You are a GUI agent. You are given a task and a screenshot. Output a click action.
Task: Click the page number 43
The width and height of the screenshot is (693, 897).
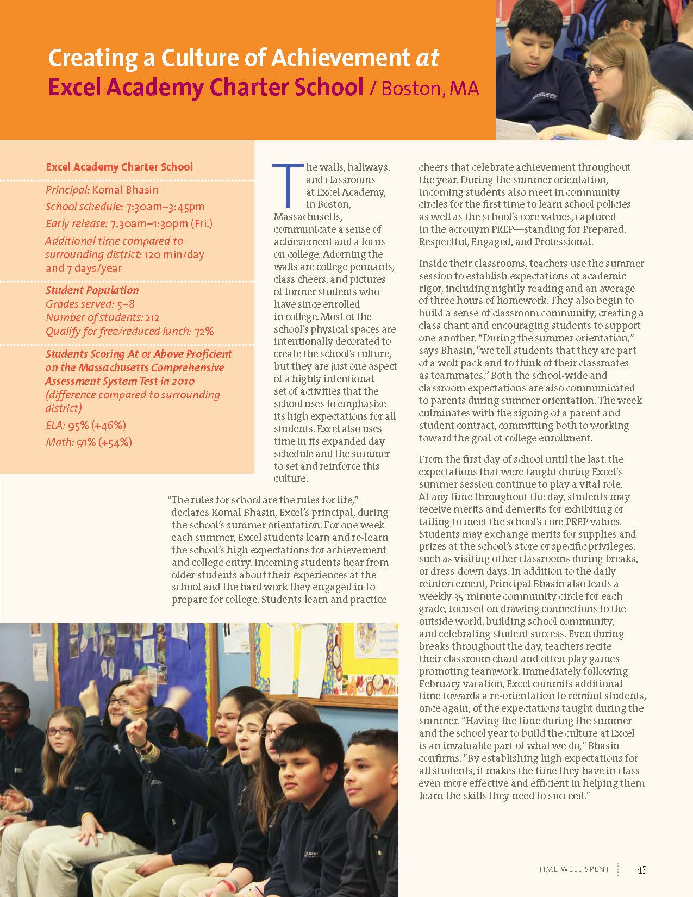[x=641, y=869]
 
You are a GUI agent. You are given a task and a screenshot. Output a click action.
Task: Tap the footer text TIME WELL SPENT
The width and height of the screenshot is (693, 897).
[x=574, y=869]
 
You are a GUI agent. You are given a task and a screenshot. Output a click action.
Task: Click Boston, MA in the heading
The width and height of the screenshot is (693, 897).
[x=430, y=88]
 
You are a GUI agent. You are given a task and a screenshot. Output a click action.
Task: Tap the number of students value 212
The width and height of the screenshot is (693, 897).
[x=152, y=318]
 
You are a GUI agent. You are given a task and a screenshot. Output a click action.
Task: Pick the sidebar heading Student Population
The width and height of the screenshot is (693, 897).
[x=92, y=290]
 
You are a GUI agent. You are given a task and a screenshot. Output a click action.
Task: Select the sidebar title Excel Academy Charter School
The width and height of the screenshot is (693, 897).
[x=119, y=167]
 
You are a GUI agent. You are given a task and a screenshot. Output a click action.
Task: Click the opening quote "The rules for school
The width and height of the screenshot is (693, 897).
[x=217, y=500]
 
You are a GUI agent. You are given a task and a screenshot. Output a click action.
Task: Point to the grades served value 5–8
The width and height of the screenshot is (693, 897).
[x=126, y=304]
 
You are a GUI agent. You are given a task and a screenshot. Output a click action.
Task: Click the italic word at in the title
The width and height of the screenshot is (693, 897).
[x=427, y=58]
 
